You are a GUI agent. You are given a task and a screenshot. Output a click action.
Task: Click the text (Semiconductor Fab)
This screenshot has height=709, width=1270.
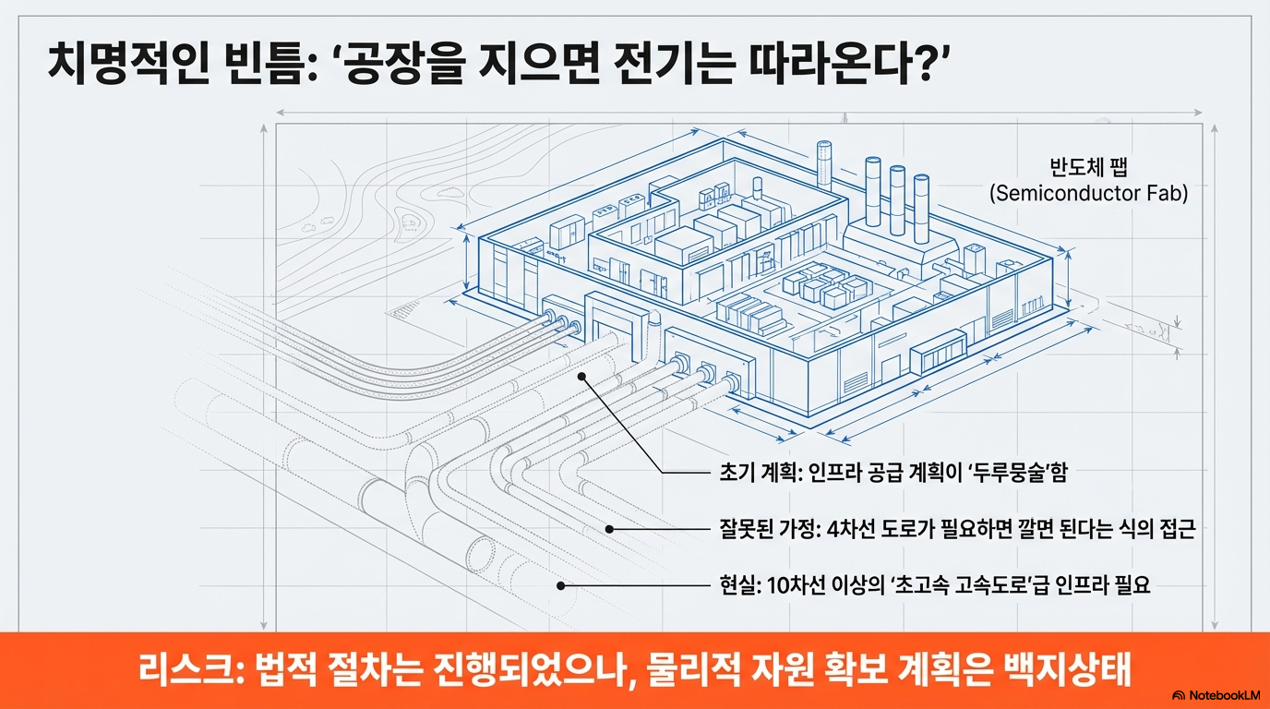click(x=1088, y=195)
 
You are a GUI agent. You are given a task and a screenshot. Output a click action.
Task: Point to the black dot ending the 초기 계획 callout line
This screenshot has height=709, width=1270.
click(x=582, y=377)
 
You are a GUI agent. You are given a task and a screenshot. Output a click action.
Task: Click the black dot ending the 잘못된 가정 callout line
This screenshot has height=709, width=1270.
click(x=609, y=529)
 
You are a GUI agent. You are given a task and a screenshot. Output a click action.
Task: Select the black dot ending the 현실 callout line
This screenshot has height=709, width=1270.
click(x=560, y=585)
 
